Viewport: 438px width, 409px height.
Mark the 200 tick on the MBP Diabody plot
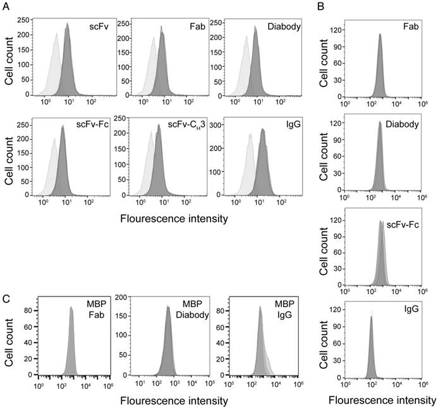point(124,296)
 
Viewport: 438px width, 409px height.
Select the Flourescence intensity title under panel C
point(173,401)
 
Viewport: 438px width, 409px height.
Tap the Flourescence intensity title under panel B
point(383,400)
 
